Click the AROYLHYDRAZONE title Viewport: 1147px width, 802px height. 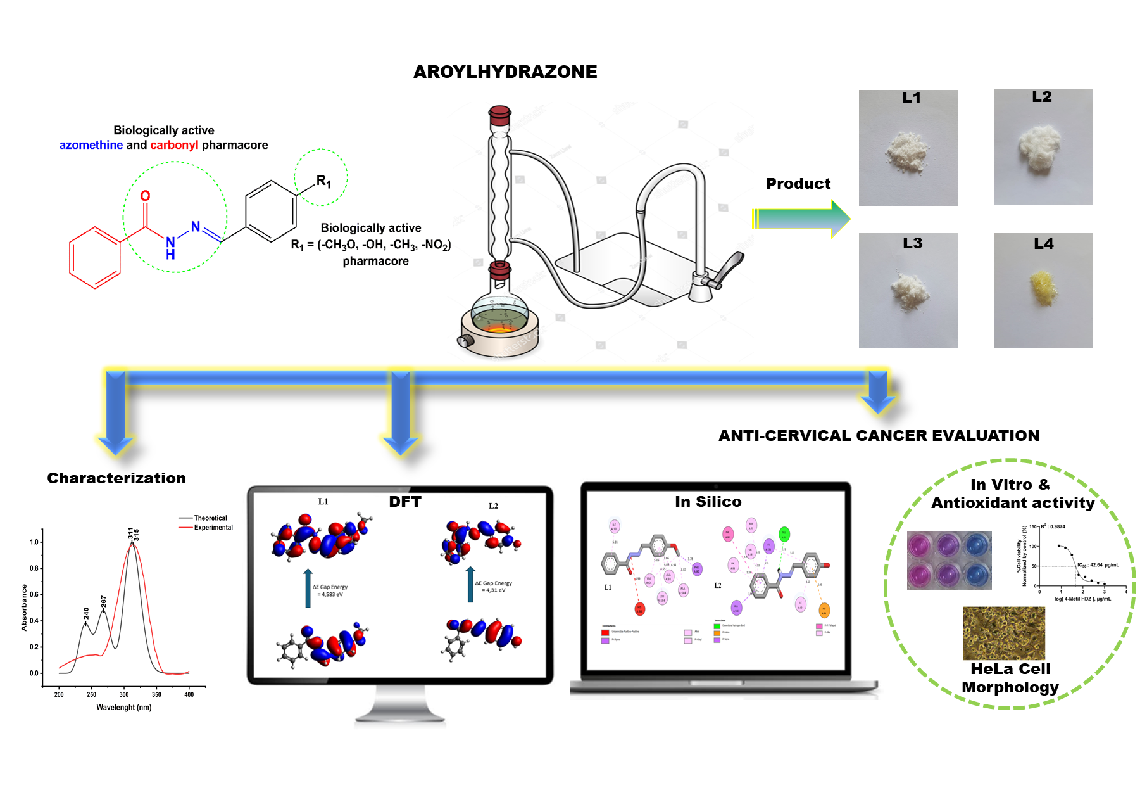tap(505, 72)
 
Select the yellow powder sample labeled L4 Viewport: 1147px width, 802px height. tap(1043, 289)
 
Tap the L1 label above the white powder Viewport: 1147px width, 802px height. tap(911, 98)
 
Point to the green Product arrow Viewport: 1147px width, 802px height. tap(801, 219)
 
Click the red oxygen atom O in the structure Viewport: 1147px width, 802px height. tap(145, 196)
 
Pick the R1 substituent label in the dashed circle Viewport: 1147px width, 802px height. tap(323, 181)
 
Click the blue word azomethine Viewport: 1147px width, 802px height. tap(91, 145)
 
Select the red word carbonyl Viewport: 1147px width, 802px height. tap(174, 145)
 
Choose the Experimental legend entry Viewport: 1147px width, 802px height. tap(213, 528)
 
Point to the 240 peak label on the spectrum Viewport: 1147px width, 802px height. tap(86, 613)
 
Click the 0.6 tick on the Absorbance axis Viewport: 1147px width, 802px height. tap(34, 594)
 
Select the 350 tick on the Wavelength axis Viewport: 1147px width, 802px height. tap(156, 694)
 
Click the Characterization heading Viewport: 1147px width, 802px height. tap(116, 478)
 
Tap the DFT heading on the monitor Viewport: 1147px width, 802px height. tap(405, 502)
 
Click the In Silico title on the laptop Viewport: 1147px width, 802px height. tap(708, 502)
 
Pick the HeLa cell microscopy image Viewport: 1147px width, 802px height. tap(1003, 633)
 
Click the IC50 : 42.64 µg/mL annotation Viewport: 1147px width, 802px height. tap(1098, 564)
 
